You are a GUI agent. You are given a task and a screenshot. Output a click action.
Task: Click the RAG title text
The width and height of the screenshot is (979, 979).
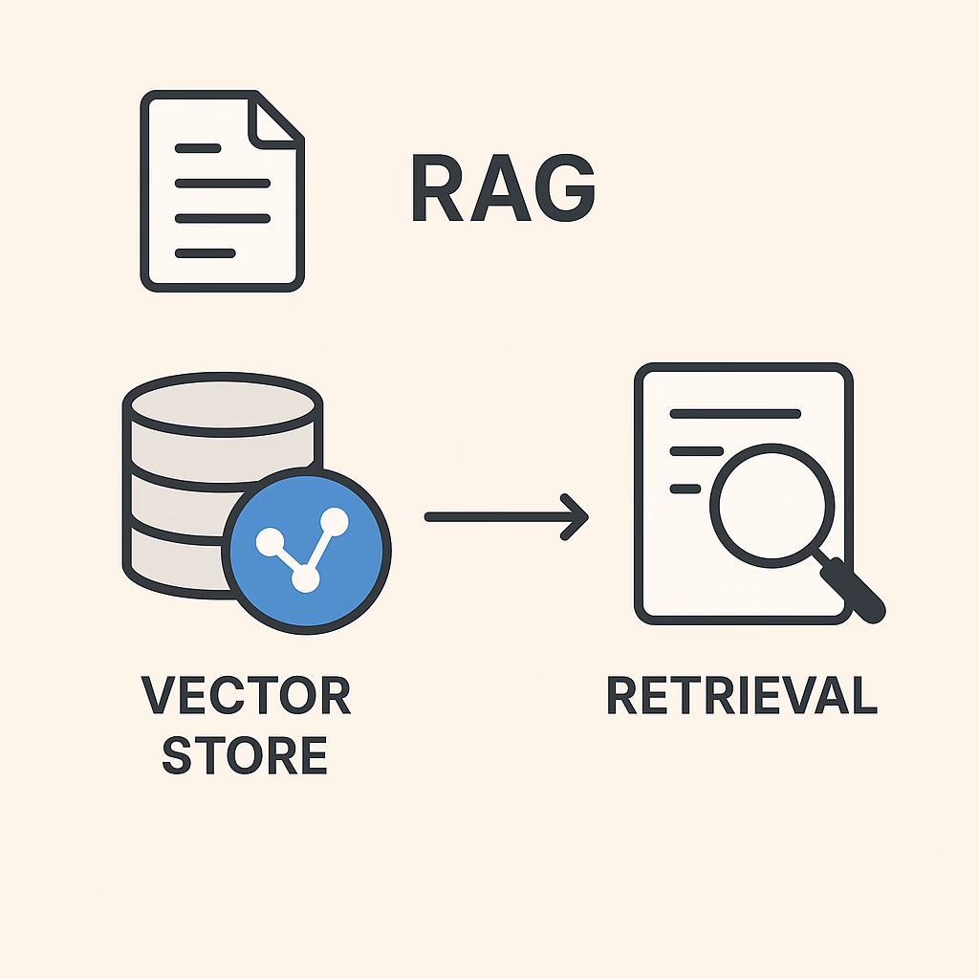coord(503,188)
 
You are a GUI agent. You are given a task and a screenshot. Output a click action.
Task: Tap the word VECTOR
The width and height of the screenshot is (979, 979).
coord(247,696)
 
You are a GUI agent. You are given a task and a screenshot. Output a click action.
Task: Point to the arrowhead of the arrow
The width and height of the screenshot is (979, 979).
coord(577,516)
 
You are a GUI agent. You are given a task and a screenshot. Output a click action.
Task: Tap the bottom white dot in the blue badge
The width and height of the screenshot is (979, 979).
coord(305,578)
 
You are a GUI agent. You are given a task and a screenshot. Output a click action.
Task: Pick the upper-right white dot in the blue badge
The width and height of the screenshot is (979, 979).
coord(335,521)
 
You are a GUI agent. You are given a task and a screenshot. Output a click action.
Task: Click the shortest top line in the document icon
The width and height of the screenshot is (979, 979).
coord(199,148)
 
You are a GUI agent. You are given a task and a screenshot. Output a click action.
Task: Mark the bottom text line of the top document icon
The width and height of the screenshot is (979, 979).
coord(206,253)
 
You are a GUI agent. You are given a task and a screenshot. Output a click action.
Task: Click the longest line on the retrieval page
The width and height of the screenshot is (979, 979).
coord(735,414)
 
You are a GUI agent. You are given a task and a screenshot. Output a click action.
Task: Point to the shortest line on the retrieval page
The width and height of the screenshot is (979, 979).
coord(685,489)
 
